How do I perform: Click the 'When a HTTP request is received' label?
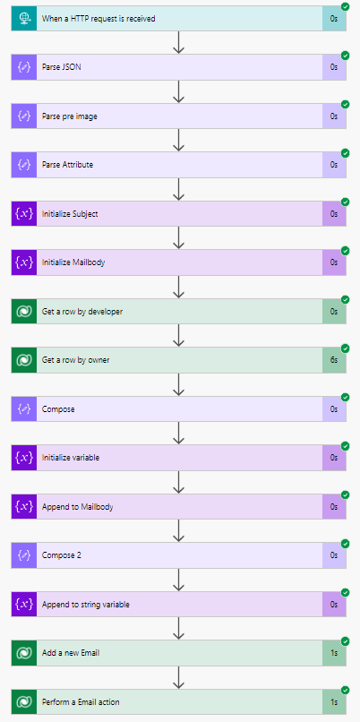point(99,19)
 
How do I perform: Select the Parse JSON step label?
point(62,67)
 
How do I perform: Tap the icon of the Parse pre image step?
point(24,116)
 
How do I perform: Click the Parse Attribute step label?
point(67,165)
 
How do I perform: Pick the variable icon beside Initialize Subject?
point(24,214)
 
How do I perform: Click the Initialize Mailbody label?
point(73,262)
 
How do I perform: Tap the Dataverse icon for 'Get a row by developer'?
point(24,311)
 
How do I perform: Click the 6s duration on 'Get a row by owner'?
point(334,360)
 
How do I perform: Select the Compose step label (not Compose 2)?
point(58,408)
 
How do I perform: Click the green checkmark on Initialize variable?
point(346,446)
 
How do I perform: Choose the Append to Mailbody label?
point(77,507)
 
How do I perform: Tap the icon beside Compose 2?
point(24,555)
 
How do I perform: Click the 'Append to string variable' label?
point(86,605)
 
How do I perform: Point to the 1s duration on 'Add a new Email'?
point(334,653)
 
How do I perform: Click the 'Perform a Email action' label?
point(81,702)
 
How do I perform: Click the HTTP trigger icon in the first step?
point(24,19)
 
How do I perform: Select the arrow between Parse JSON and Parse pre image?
point(178,91)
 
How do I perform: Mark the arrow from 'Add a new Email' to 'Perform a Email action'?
point(178,677)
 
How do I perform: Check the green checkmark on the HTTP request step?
point(346,6)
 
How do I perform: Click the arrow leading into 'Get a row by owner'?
point(178,336)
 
